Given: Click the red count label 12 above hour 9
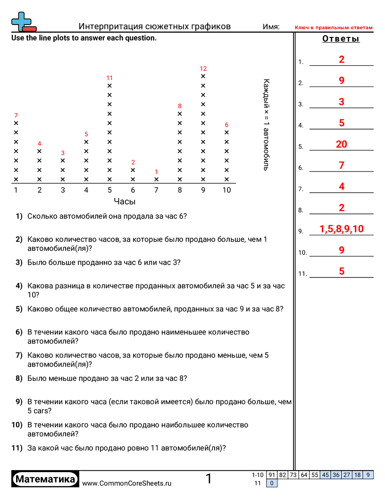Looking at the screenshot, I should [x=203, y=69].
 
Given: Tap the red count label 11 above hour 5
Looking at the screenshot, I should [x=109, y=78].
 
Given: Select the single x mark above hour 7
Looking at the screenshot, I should [x=157, y=180].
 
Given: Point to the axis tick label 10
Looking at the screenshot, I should [x=227, y=190].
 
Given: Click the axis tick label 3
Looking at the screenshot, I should [x=63, y=190].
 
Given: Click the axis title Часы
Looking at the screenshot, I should [x=125, y=201].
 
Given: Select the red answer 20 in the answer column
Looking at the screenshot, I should [x=342, y=144].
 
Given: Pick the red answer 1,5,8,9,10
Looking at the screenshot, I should [x=342, y=229].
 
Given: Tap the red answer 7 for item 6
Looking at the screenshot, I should [x=342, y=165].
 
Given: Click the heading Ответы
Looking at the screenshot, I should [x=341, y=39].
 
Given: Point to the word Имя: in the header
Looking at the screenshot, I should [x=271, y=27].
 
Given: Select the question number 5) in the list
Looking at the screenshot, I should [x=19, y=309].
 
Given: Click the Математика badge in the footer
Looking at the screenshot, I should [x=45, y=480].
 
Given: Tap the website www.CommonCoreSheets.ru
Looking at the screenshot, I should [x=127, y=483].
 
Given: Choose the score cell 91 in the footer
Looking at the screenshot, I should [x=272, y=475].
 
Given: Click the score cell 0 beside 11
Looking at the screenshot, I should [x=272, y=483].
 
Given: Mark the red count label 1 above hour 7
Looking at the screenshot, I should [x=157, y=172].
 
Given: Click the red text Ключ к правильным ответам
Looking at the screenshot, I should [x=334, y=28].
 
